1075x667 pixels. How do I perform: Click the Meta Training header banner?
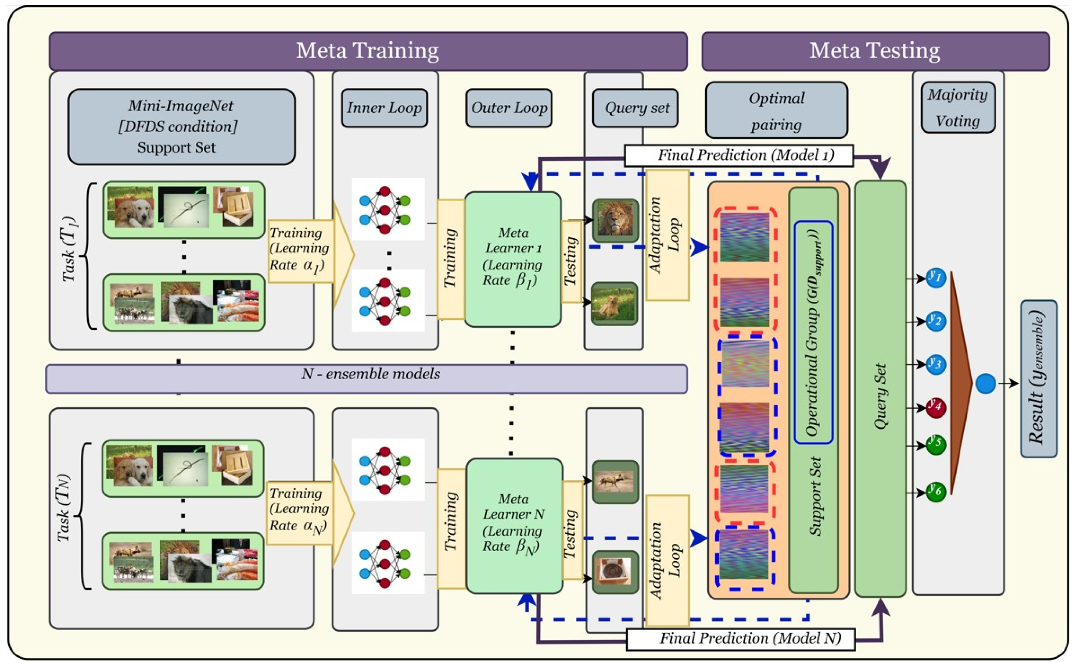(368, 51)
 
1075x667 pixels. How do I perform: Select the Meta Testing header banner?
(875, 51)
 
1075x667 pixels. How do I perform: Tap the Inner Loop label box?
(384, 108)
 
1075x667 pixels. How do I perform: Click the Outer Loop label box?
(509, 108)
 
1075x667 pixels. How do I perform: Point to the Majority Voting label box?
(958, 107)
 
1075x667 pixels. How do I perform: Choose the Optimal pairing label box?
(777, 110)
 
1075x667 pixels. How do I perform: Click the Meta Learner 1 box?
(513, 260)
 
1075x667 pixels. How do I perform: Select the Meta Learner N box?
(514, 526)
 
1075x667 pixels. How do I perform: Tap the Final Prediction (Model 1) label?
(739, 156)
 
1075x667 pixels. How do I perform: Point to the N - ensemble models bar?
(367, 379)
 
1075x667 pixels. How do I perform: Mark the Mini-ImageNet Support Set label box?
(182, 127)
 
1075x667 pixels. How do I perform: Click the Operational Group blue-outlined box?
(814, 332)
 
